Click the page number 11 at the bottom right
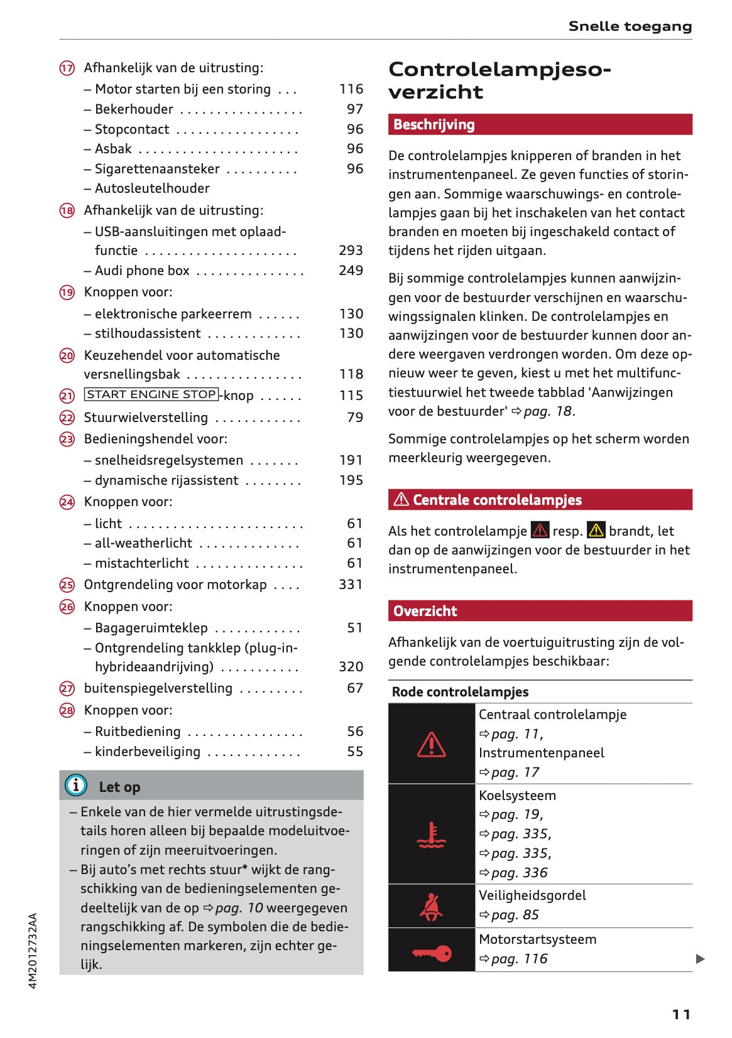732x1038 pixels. pyautogui.click(x=681, y=1014)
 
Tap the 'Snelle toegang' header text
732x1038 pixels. pyautogui.click(x=630, y=26)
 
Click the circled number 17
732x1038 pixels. pyautogui.click(x=67, y=68)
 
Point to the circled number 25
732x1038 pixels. pyautogui.click(x=67, y=585)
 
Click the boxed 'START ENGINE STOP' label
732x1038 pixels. pyautogui.click(x=151, y=394)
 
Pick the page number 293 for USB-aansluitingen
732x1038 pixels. pyautogui.click(x=351, y=251)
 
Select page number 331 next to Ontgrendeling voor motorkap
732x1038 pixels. pyautogui.click(x=351, y=585)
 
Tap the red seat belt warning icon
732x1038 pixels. pyautogui.click(x=431, y=907)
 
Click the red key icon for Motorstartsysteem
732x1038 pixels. pyautogui.click(x=432, y=953)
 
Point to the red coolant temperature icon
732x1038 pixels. pyautogui.click(x=432, y=835)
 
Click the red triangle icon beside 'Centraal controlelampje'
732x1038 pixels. pyautogui.click(x=432, y=745)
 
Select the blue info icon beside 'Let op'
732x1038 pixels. pyautogui.click(x=76, y=785)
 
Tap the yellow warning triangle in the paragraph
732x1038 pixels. pyautogui.click(x=596, y=531)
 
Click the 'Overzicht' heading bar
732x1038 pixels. pyautogui.click(x=540, y=611)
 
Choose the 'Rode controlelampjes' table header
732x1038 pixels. pyautogui.click(x=461, y=692)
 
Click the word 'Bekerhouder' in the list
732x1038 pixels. pyautogui.click(x=134, y=109)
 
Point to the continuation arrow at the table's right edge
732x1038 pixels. pyautogui.click(x=701, y=959)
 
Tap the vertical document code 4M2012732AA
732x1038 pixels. pyautogui.click(x=33, y=951)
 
